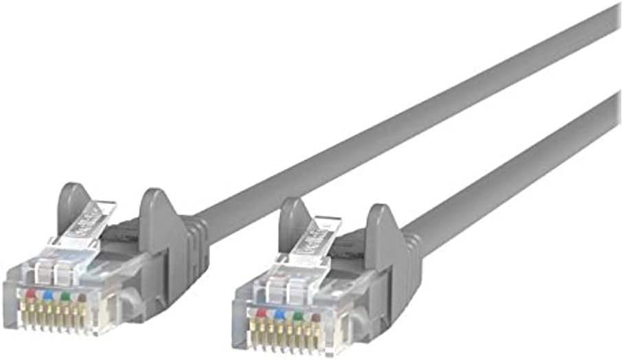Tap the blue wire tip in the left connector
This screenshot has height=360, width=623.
[47, 295]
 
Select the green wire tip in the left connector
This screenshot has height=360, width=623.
[65, 297]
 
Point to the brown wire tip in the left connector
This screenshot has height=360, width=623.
[81, 299]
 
